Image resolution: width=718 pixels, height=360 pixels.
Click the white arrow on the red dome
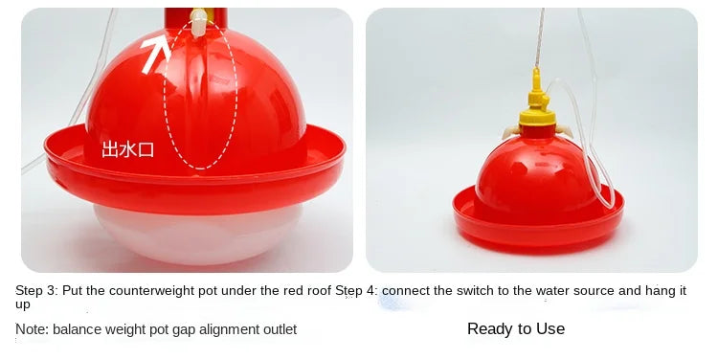coord(156,55)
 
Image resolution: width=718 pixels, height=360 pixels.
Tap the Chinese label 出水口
coord(127,149)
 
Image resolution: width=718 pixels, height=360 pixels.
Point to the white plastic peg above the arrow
coord(198,22)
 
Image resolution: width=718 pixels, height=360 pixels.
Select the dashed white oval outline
coord(164,92)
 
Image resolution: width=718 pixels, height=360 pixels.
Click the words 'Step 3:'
coord(37,290)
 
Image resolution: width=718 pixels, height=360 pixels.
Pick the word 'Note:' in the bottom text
coord(32,329)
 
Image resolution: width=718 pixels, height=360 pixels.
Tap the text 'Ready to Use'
coord(516,328)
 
